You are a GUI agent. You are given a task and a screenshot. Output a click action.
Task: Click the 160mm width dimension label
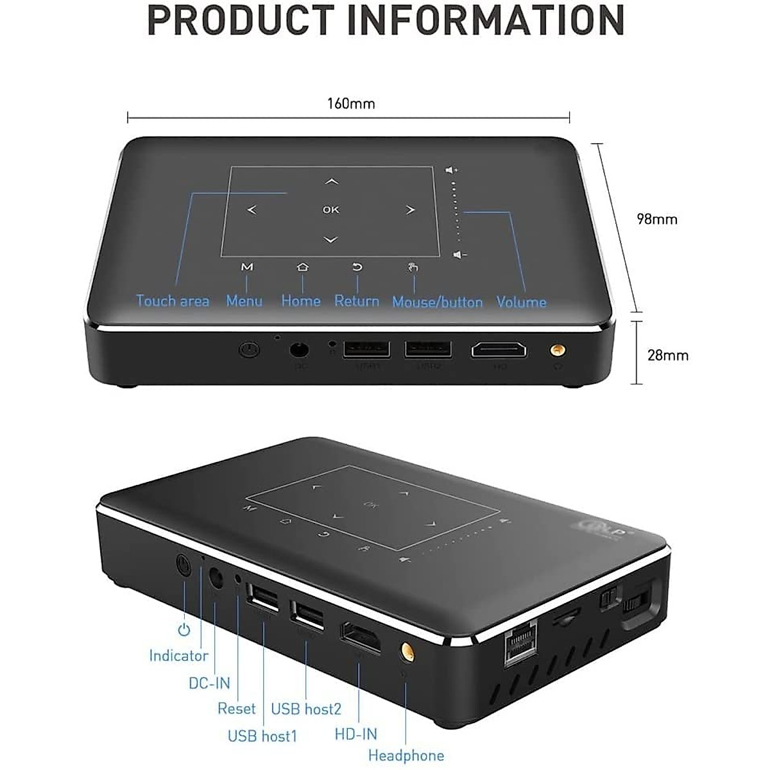(x=351, y=104)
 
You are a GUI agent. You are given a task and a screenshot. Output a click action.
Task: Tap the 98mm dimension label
(x=656, y=219)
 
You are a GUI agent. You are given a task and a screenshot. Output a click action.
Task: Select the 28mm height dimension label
(x=667, y=355)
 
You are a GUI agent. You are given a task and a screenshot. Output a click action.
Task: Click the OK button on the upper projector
(x=331, y=210)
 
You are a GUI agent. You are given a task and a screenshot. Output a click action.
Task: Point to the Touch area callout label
(x=173, y=301)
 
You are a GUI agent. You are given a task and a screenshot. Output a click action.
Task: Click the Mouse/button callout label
(x=437, y=302)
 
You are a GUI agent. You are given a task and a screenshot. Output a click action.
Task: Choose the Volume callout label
(x=521, y=302)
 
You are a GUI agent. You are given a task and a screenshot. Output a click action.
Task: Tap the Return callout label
(x=357, y=301)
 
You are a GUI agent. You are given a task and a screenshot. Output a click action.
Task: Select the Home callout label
(x=301, y=301)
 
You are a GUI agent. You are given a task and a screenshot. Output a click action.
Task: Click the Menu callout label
(x=244, y=301)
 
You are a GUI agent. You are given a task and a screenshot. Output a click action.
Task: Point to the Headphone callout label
(x=406, y=756)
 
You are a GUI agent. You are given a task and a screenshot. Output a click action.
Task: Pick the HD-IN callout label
(x=356, y=734)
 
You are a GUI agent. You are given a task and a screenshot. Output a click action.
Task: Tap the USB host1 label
(x=262, y=735)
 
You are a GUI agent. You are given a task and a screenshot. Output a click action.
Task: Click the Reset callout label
(x=236, y=708)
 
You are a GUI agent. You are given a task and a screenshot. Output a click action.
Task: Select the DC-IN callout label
(x=209, y=683)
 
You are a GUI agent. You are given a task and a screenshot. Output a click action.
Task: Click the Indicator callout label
(x=178, y=656)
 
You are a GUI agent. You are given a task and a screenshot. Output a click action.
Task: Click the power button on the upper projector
(x=248, y=350)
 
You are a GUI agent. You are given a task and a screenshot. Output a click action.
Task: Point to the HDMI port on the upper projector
(x=499, y=350)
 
